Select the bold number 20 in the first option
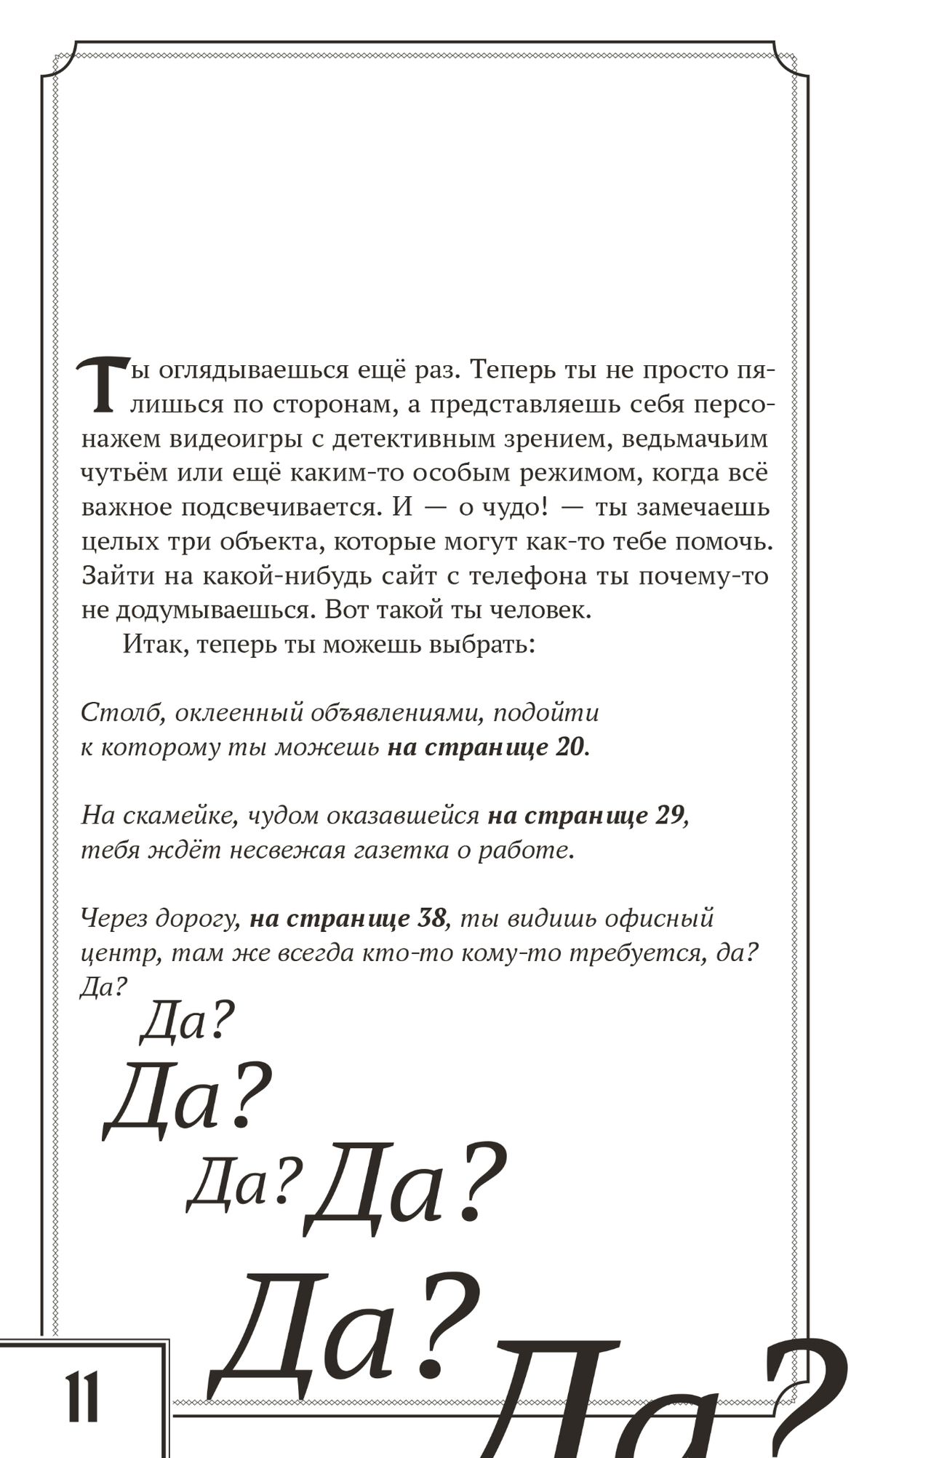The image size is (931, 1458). point(570,747)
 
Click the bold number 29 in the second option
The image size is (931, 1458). point(669,816)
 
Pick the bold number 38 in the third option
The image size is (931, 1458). point(431,918)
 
